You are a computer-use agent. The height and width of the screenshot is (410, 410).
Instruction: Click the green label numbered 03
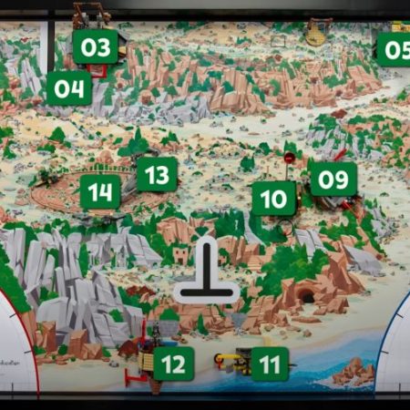pyautogui.click(x=95, y=46)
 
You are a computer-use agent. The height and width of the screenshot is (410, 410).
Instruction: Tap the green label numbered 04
pyautogui.click(x=69, y=88)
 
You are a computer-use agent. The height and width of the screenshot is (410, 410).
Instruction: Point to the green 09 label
pyautogui.click(x=333, y=179)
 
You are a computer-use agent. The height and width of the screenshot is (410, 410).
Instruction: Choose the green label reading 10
pyautogui.click(x=273, y=198)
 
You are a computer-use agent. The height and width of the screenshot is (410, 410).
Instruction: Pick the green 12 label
pyautogui.click(x=173, y=364)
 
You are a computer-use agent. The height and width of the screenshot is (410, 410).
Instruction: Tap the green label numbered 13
pyautogui.click(x=157, y=173)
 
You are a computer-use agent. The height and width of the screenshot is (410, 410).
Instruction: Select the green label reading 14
pyautogui.click(x=100, y=192)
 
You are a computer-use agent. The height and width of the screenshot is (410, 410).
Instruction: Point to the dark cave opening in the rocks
pyautogui.click(x=308, y=297)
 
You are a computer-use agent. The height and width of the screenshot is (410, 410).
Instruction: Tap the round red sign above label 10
pyautogui.click(x=289, y=158)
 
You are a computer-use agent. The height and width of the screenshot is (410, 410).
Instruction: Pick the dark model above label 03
pyautogui.click(x=91, y=15)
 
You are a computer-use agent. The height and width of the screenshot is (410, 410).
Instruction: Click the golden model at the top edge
pyautogui.click(x=316, y=32)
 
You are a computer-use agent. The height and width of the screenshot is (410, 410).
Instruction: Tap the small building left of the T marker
pyautogui.click(x=180, y=254)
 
